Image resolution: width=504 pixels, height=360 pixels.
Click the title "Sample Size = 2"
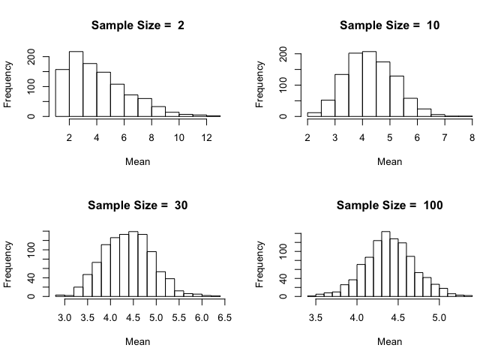pos(137,25)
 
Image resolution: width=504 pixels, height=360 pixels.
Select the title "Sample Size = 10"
pos(389,25)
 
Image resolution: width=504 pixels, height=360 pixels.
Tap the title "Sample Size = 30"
pos(137,205)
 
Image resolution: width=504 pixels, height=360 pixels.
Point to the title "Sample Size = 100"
pos(389,205)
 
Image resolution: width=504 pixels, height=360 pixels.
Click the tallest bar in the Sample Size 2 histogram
pos(76,84)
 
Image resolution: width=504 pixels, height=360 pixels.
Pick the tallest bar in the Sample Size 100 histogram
pos(385,264)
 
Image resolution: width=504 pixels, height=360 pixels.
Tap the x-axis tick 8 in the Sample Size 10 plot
pos(471,137)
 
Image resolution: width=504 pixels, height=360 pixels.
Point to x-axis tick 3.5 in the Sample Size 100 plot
pos(315,317)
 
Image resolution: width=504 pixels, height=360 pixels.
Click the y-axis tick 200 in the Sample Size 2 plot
pos(31,56)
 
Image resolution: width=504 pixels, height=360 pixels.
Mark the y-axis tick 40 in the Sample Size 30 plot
pos(31,278)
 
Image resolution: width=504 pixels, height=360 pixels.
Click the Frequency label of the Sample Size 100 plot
pos(260,264)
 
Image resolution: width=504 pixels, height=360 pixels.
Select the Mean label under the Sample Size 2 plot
pos(137,161)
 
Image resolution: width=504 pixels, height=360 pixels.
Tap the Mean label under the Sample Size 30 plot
pos(137,341)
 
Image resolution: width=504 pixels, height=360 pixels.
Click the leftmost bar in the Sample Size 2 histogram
pos(62,93)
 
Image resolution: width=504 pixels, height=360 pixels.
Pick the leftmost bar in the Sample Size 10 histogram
pos(314,115)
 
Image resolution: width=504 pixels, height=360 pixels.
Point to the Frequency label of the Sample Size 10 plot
pos(260,84)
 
